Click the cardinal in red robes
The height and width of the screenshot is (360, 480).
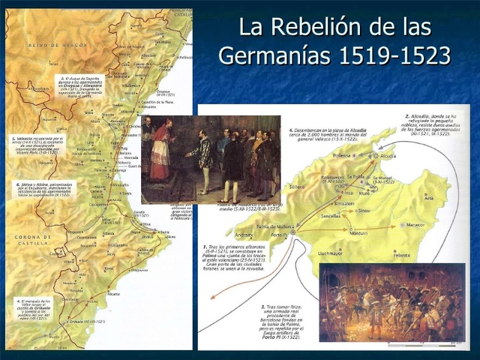pos(160,150)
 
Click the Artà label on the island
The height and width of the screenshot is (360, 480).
pos(429,198)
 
